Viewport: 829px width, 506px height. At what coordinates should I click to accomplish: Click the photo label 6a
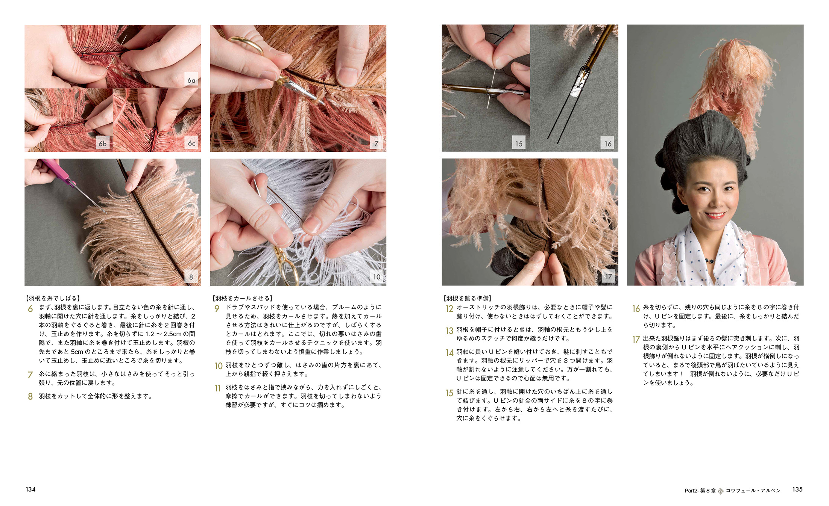pos(191,80)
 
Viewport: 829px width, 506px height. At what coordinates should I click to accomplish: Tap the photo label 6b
pos(103,143)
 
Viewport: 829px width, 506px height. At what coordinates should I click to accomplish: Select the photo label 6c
pos(191,143)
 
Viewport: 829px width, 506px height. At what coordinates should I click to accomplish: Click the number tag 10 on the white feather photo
pos(377,277)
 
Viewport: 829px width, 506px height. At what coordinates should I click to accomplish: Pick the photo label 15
pos(519,143)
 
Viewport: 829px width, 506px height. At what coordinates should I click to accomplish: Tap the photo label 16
pos(608,143)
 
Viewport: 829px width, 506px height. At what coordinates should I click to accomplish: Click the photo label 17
pos(608,277)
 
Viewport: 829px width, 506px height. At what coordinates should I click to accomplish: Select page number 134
pos(30,489)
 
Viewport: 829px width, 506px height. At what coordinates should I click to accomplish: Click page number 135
pos(797,489)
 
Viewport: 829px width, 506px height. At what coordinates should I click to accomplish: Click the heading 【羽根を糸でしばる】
pos(53,298)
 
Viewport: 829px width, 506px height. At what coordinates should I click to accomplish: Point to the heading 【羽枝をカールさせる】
pos(242,298)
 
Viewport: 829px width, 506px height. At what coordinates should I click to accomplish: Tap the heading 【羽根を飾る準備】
pos(468,298)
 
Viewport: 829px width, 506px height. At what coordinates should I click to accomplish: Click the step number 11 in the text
pos(218,388)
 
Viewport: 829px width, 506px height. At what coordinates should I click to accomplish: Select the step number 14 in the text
pos(449,353)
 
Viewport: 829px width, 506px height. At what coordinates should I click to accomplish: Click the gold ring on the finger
pos(246,45)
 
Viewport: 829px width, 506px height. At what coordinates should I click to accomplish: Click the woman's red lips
pos(715,216)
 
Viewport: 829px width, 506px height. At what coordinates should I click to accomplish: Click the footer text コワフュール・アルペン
pos(753,491)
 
